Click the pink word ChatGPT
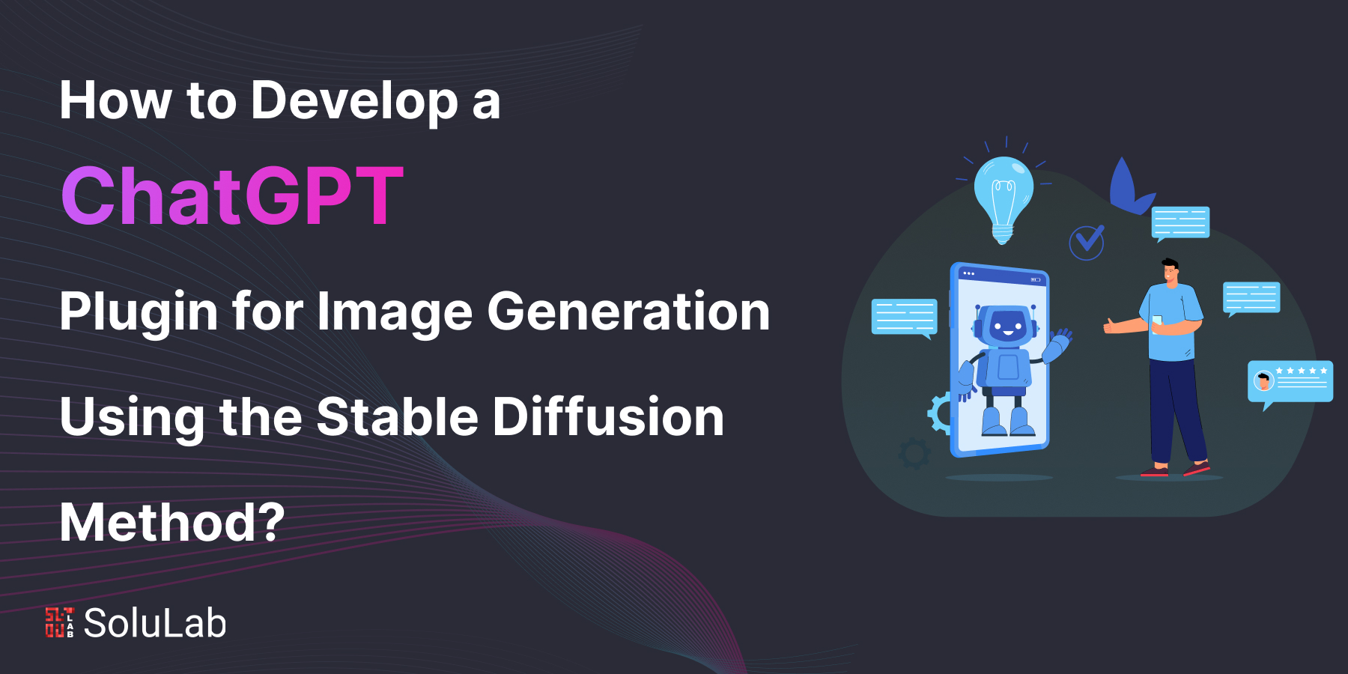[x=233, y=196]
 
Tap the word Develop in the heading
[x=354, y=102]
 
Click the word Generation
[x=629, y=312]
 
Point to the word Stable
[x=397, y=416]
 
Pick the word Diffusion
[x=608, y=416]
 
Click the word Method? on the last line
[x=172, y=522]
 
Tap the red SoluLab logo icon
[x=60, y=622]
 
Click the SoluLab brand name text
[x=155, y=623]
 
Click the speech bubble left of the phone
[x=905, y=318]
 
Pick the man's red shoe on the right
[x=1197, y=468]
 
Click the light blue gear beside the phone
[x=940, y=413]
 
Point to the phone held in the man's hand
[x=1157, y=323]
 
